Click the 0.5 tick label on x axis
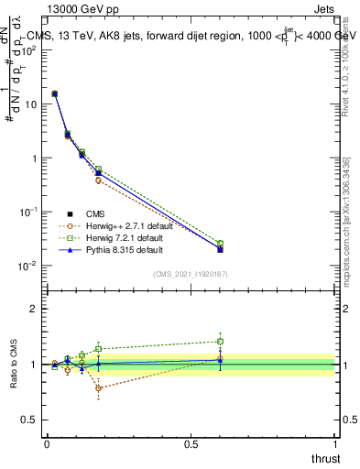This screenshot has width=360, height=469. [x=191, y=443]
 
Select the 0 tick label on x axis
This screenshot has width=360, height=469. [x=47, y=443]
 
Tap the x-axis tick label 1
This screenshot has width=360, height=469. [x=334, y=443]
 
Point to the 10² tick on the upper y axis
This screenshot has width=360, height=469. [x=30, y=50]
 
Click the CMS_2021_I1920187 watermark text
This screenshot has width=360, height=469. [x=191, y=275]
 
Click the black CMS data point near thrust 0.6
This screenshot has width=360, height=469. [x=220, y=249]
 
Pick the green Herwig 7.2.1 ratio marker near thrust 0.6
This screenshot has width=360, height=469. [x=220, y=342]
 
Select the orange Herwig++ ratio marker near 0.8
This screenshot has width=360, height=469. [x=98, y=387]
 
